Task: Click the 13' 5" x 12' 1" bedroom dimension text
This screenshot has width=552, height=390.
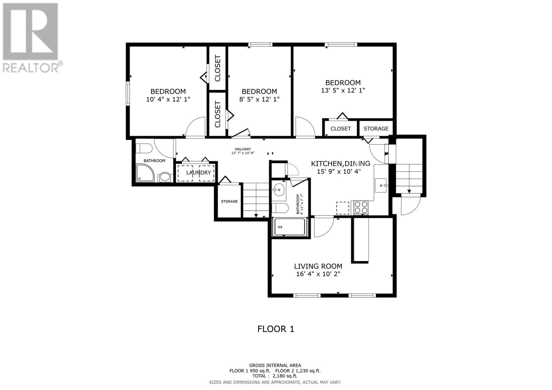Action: click(x=343, y=90)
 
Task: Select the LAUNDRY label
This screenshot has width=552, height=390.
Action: click(x=198, y=172)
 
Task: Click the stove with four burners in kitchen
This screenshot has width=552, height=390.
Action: click(x=361, y=208)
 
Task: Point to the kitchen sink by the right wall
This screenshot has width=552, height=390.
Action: click(x=381, y=186)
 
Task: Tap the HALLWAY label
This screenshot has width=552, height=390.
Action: click(x=243, y=149)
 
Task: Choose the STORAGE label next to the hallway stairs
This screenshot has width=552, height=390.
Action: click(x=229, y=201)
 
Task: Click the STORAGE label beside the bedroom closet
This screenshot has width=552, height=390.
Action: click(x=376, y=129)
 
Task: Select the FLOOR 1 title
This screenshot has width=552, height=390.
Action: click(x=276, y=329)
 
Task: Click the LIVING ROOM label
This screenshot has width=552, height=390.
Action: click(x=318, y=266)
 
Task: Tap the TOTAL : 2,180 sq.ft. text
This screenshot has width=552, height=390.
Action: click(x=275, y=376)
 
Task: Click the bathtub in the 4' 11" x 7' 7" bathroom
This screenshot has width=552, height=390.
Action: click(x=289, y=227)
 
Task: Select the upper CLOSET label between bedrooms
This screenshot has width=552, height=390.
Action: click(x=217, y=68)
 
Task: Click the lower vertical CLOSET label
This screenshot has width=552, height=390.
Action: click(x=217, y=114)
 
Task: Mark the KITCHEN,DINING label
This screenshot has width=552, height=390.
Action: click(x=340, y=163)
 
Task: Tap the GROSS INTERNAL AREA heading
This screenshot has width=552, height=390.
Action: click(x=275, y=365)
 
